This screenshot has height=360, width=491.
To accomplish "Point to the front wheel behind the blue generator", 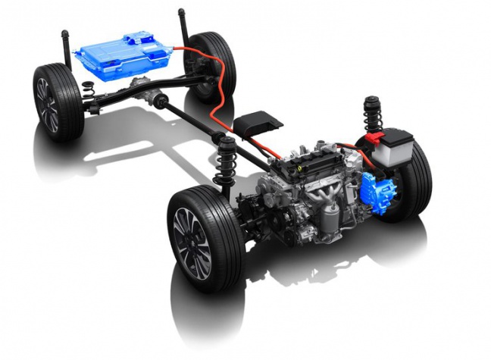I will point(413,178).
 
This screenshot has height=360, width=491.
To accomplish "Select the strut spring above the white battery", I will point(372,114).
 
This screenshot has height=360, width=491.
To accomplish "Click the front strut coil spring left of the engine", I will point(225,163).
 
